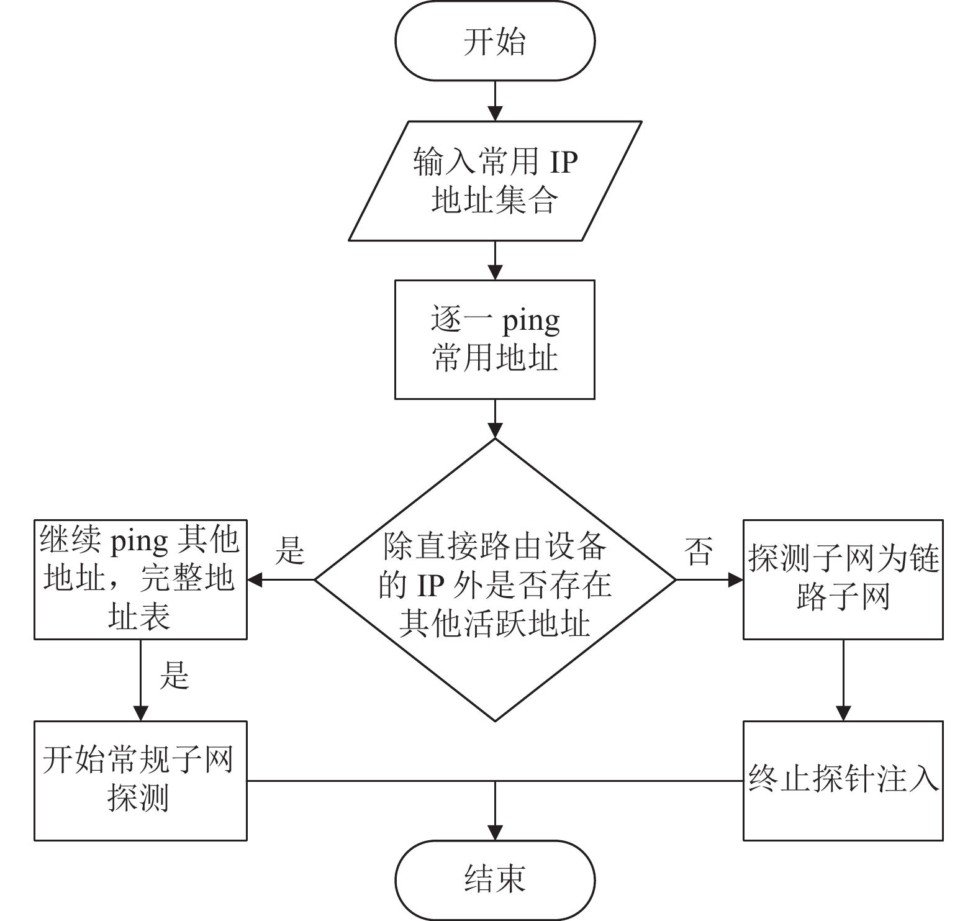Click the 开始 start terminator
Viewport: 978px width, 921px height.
click(x=495, y=41)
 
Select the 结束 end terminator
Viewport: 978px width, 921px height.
click(x=495, y=880)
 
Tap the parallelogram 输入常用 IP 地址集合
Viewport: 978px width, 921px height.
click(x=495, y=181)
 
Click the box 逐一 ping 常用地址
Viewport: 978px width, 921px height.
click(x=495, y=339)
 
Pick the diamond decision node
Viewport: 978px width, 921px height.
click(x=495, y=580)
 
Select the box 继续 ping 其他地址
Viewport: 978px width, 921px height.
click(x=140, y=579)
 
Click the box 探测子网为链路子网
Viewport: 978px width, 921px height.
click(x=843, y=579)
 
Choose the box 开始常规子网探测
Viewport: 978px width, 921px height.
click(x=140, y=781)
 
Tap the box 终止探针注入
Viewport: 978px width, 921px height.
click(x=843, y=781)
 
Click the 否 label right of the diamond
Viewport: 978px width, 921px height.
click(x=699, y=550)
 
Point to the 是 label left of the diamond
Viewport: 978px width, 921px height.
click(x=291, y=550)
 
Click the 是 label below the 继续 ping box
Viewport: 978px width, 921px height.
click(x=174, y=675)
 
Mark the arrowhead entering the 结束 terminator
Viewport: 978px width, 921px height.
click(x=495, y=833)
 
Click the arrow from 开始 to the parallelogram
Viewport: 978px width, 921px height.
click(x=495, y=101)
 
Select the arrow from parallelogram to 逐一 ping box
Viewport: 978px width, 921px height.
click(x=495, y=260)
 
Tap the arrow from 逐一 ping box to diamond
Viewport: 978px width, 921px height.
click(x=495, y=419)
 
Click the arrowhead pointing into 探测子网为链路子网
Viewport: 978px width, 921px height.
click(x=736, y=580)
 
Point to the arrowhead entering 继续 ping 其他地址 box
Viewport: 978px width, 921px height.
click(x=255, y=580)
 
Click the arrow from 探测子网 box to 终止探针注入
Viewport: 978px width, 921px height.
click(x=843, y=680)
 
